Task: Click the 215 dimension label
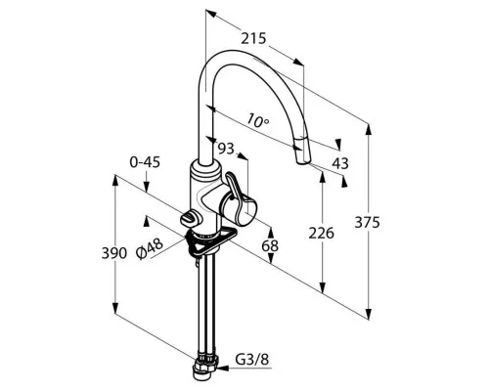pyautogui.click(x=253, y=39)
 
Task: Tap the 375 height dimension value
pyautogui.click(x=367, y=223)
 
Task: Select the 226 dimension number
pyautogui.click(x=322, y=234)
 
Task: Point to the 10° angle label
pyautogui.click(x=258, y=120)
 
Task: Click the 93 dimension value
pyautogui.click(x=226, y=149)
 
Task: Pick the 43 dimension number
pyautogui.click(x=340, y=163)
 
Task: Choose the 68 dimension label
pyautogui.click(x=270, y=246)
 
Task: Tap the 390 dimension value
pyautogui.click(x=114, y=253)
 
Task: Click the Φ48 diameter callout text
pyautogui.click(x=150, y=249)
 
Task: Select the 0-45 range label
pyautogui.click(x=145, y=162)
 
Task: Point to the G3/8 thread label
pyautogui.click(x=252, y=360)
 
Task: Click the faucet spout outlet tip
pyautogui.click(x=303, y=162)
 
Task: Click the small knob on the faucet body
pyautogui.click(x=189, y=218)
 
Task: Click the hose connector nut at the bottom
pyautogui.click(x=205, y=369)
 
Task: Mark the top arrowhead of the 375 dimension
pyautogui.click(x=369, y=130)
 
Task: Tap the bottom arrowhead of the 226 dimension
pyautogui.click(x=323, y=287)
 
